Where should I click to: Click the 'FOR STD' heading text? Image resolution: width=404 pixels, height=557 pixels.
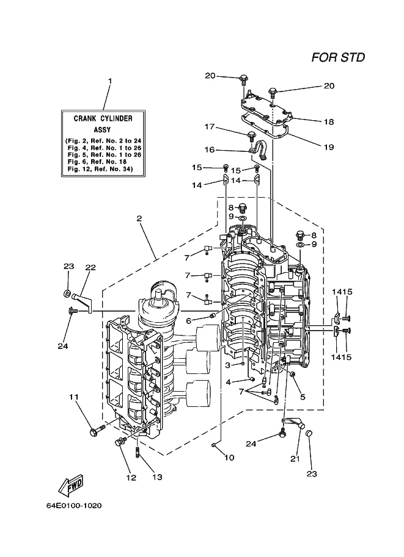click(338, 57)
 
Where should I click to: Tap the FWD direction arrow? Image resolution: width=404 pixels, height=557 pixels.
click(70, 486)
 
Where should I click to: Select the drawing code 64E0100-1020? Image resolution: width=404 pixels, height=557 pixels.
click(74, 506)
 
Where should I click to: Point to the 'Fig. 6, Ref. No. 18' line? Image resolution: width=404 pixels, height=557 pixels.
click(97, 162)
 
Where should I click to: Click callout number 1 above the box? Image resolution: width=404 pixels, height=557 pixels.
click(110, 81)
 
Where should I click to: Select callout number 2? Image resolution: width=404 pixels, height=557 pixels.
click(139, 218)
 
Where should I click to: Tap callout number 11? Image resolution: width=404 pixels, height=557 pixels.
click(74, 397)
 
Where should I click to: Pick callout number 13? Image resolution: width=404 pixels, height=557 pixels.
click(157, 478)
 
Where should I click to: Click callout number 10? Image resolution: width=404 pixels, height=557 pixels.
click(230, 458)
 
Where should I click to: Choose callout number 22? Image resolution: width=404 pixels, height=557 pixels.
click(90, 267)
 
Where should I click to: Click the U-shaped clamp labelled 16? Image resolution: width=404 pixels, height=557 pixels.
click(259, 149)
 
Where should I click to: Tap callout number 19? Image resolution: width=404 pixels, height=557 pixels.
click(329, 146)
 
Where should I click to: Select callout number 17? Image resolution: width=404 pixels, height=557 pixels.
click(210, 126)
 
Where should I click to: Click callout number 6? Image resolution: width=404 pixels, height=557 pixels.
click(189, 321)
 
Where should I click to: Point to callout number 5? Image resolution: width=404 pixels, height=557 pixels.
click(303, 397)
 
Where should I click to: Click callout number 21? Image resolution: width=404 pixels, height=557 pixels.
click(295, 459)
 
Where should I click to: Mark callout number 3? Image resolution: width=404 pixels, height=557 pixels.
click(228, 365)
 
